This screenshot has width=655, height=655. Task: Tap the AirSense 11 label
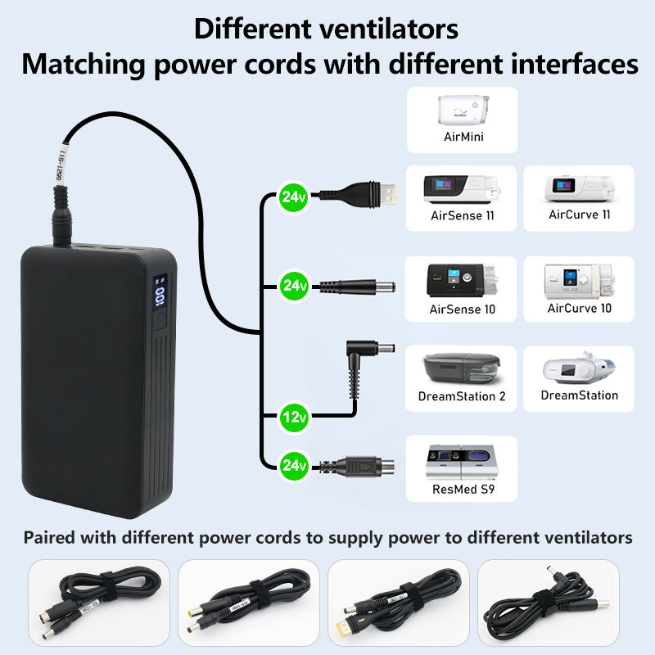pos(463,217)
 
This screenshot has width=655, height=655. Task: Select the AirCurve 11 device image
pos(579,189)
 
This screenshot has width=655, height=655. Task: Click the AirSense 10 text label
pos(463,309)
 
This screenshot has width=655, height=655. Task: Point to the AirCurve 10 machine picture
pos(579,281)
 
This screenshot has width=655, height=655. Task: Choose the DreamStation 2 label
pos(462,396)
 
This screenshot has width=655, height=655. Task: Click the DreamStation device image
pos(579,372)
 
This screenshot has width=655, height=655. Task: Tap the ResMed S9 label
pos(463,491)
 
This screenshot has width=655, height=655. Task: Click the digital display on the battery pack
pos(160,295)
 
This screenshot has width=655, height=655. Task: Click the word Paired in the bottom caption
pos(50,538)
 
